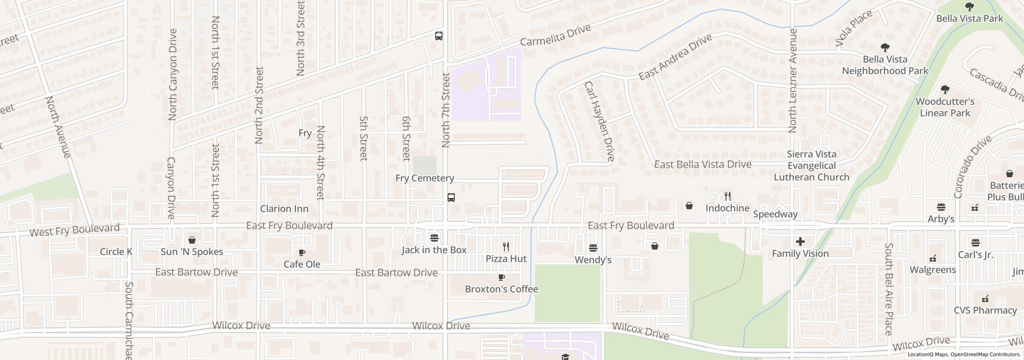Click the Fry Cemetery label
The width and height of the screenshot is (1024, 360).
[424, 178]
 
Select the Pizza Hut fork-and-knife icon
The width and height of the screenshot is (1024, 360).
[506, 246]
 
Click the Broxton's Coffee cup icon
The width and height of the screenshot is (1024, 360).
[502, 277]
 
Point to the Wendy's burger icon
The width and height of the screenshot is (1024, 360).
[593, 248]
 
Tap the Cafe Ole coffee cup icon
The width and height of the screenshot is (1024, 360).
[302, 252]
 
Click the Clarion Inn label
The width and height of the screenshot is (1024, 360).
[284, 209]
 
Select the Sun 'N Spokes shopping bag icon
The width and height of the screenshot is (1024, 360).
[192, 240]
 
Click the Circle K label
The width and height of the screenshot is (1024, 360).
[116, 252]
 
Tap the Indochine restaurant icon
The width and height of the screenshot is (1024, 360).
[728, 196]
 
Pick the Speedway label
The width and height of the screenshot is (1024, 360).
[775, 214]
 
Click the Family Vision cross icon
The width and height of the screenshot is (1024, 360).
[800, 242]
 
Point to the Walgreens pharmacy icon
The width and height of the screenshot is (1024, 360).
[933, 258]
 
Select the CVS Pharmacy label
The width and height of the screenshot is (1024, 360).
[985, 310]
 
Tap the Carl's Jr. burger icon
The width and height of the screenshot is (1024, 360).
[975, 243]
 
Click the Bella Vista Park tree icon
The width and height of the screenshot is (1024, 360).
[970, 6]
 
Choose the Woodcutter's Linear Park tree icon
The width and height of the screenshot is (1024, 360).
[945, 89]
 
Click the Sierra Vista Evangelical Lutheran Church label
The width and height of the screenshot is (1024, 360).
[812, 166]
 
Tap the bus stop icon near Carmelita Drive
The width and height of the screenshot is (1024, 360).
[439, 36]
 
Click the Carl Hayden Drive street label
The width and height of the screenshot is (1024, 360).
[599, 121]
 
